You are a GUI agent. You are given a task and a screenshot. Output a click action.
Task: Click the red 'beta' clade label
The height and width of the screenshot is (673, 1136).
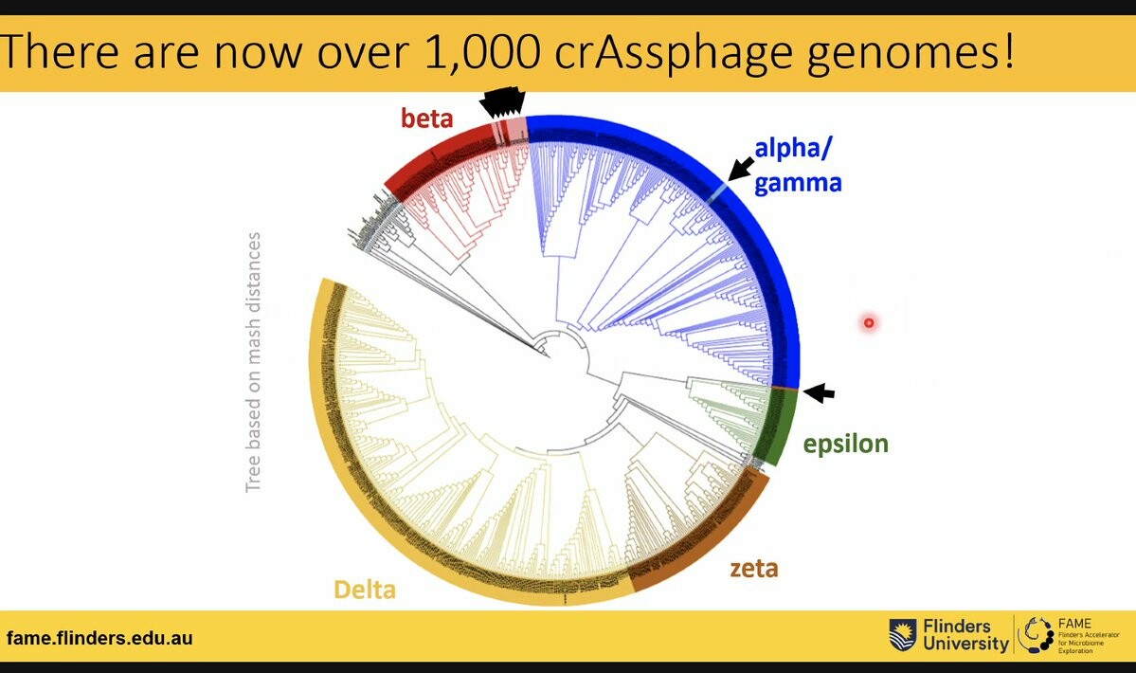point(427,119)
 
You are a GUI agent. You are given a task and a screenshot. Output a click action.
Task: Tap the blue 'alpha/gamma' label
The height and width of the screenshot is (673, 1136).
point(798,163)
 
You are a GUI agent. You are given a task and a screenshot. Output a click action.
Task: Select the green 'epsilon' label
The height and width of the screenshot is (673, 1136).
point(845,443)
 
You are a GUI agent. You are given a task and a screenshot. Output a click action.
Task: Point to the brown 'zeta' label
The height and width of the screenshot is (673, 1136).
point(753,568)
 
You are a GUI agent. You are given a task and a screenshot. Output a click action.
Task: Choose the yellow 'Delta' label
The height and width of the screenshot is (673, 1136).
point(363,589)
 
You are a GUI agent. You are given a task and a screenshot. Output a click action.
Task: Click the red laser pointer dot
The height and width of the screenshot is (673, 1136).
point(868,323)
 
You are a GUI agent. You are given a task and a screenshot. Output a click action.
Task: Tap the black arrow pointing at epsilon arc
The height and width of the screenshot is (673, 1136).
point(820,391)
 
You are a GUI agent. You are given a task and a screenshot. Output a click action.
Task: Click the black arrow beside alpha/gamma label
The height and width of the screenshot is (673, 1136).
point(742,170)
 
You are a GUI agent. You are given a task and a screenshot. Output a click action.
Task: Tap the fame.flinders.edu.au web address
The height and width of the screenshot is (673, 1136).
point(99,638)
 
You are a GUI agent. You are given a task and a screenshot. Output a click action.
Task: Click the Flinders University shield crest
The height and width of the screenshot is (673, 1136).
point(902,634)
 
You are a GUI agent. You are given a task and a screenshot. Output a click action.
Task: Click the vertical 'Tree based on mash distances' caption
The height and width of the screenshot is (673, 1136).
point(253,362)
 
